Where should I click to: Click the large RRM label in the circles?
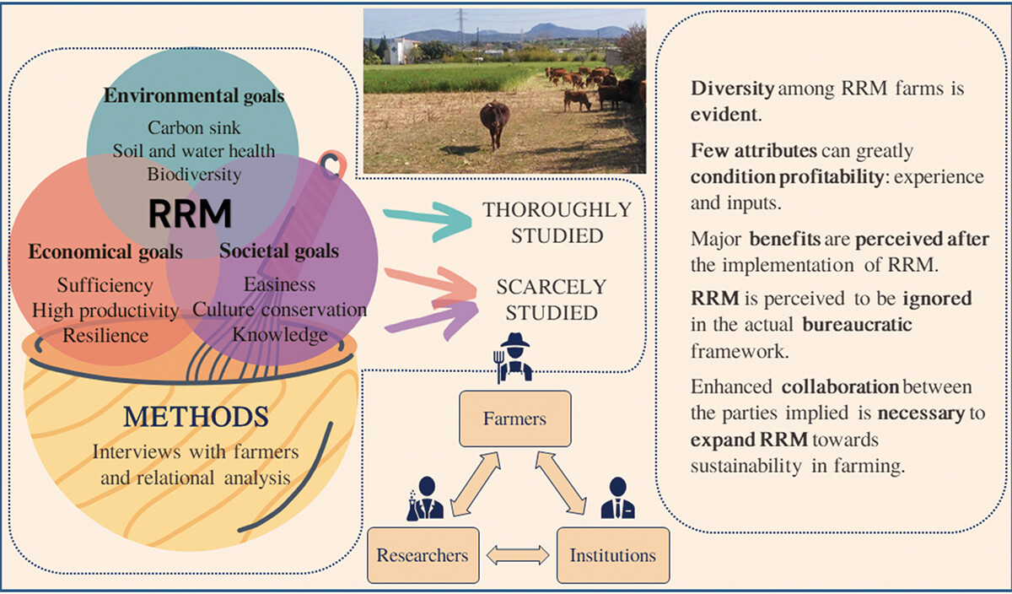[190, 214]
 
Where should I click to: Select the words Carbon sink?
[194, 128]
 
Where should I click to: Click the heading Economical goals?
[105, 251]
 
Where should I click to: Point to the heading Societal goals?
[279, 251]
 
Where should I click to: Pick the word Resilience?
[105, 335]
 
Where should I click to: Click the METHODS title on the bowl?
[196, 417]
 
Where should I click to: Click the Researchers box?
[423, 555]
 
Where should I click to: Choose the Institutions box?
[612, 555]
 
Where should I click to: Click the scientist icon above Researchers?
[420, 499]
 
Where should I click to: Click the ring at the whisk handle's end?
[334, 164]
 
